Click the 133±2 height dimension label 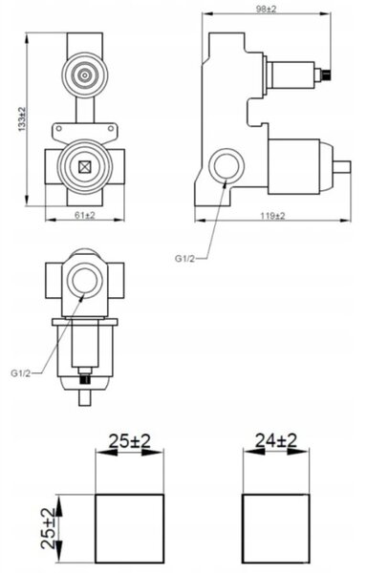tap(22, 119)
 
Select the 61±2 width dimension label tap(85, 215)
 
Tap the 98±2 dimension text tap(266, 10)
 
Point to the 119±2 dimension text tap(272, 216)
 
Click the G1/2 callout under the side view tap(184, 259)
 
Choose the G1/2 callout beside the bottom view tap(21, 373)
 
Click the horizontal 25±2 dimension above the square tap(130, 441)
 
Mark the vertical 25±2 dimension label tap(49, 528)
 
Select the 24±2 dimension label tap(276, 440)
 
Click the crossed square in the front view tap(85, 167)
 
